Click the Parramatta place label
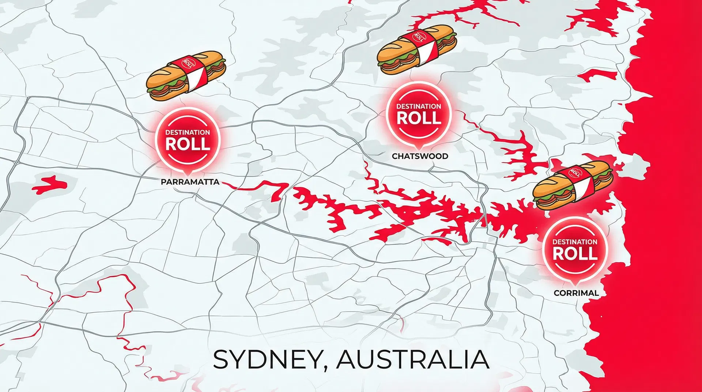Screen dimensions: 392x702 [190, 182]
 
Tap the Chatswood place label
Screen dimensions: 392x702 [420, 156]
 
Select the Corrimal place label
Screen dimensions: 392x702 [576, 293]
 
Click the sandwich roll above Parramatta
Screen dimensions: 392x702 [186, 76]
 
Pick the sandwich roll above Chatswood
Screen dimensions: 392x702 [417, 49]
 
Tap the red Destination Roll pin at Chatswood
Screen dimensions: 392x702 [419, 114]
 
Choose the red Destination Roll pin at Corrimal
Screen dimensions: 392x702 [575, 250]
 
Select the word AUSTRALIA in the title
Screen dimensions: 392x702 [412, 359]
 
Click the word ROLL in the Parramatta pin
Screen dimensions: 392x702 [188, 144]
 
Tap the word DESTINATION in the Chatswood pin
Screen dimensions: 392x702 [419, 106]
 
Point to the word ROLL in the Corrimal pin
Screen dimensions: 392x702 [575, 253]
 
